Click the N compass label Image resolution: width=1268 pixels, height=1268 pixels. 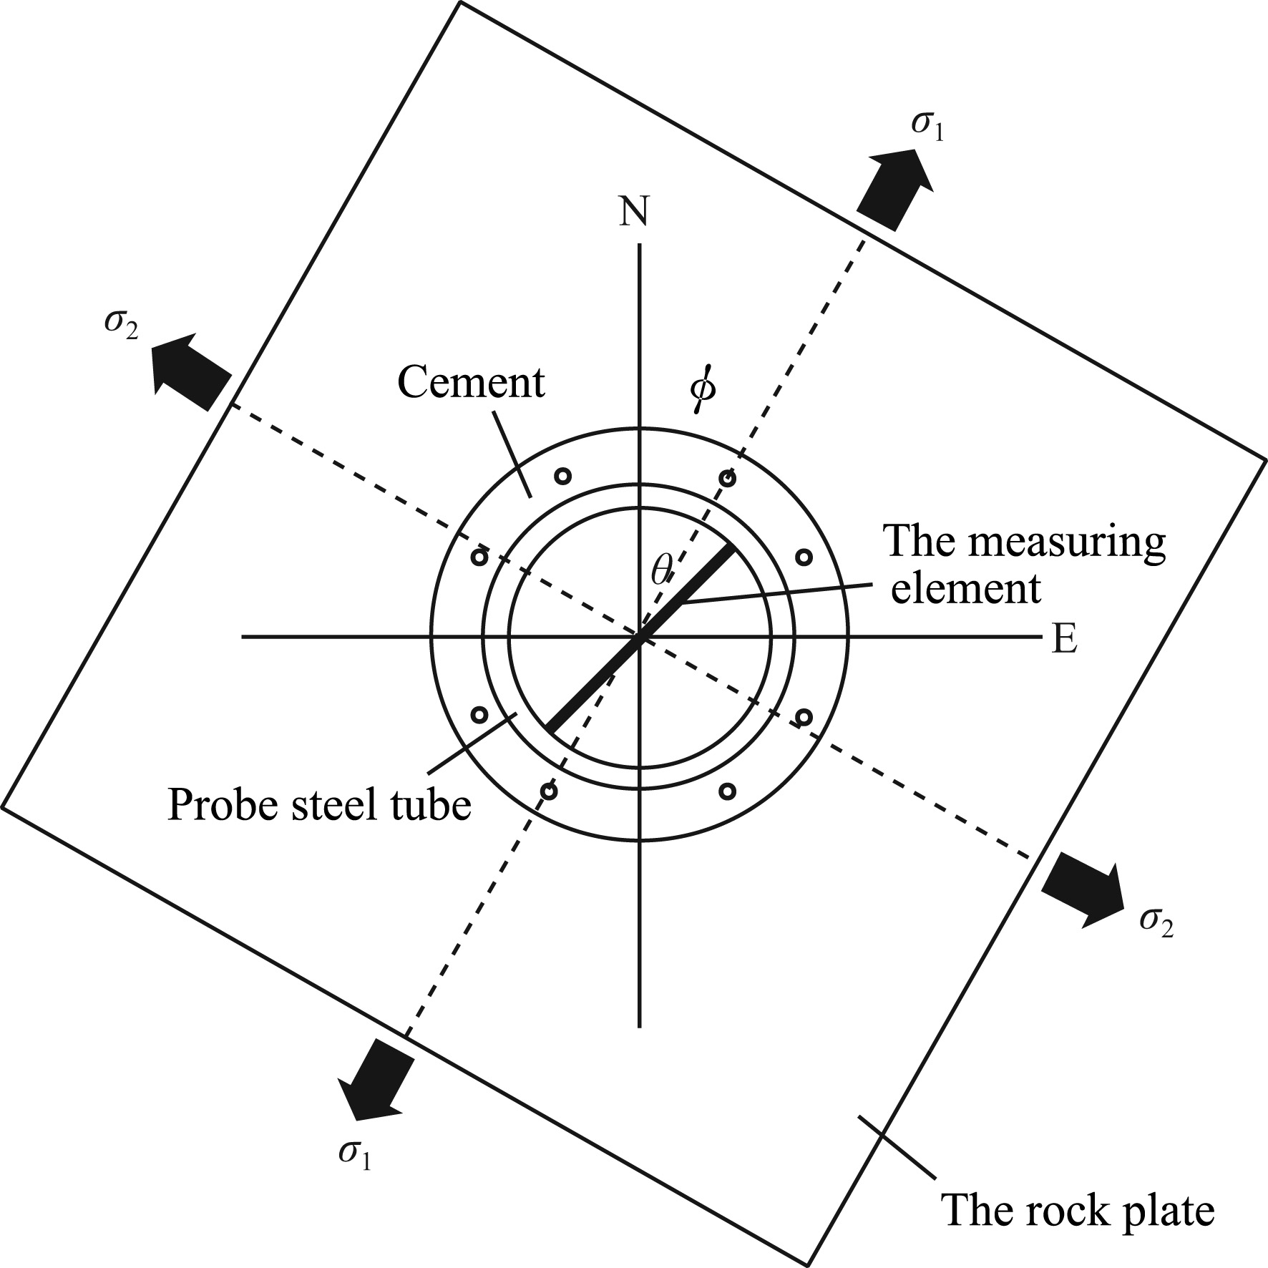click(634, 211)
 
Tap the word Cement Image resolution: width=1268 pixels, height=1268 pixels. click(471, 382)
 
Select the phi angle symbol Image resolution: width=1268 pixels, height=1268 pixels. click(703, 390)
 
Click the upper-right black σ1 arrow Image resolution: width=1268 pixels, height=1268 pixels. click(894, 186)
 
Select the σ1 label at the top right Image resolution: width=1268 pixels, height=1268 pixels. click(927, 125)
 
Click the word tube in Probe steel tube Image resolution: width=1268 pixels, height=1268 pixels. click(434, 805)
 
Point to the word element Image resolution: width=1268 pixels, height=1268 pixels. click(965, 589)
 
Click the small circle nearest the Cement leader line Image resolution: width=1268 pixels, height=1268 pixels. click(563, 475)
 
